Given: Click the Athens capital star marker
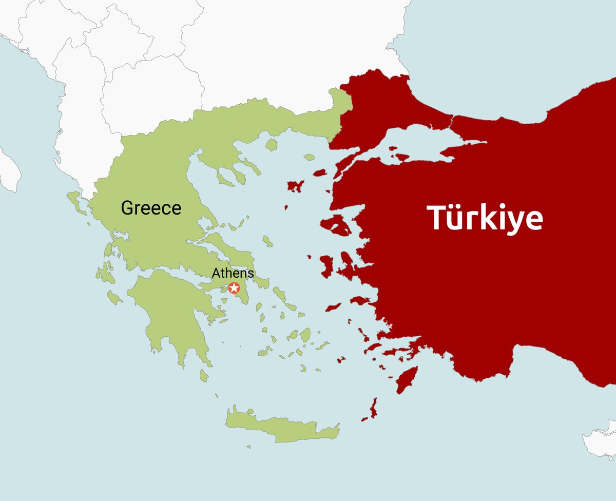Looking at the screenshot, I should click(x=234, y=287).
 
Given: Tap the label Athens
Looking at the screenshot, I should click(x=233, y=274).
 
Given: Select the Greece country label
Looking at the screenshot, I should click(x=151, y=208).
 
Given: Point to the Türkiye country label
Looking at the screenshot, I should click(x=485, y=218).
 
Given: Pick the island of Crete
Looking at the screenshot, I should click(x=282, y=429).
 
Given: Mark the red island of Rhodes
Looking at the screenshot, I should click(x=407, y=380).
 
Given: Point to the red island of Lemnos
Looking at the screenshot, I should click(x=295, y=185).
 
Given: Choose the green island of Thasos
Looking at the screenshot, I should click(x=272, y=145).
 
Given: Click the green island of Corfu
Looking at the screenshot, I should click(x=73, y=198).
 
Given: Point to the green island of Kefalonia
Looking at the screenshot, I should click(x=102, y=273).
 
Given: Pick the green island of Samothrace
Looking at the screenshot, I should click(x=309, y=157).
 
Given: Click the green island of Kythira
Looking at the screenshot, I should click(x=204, y=376).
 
